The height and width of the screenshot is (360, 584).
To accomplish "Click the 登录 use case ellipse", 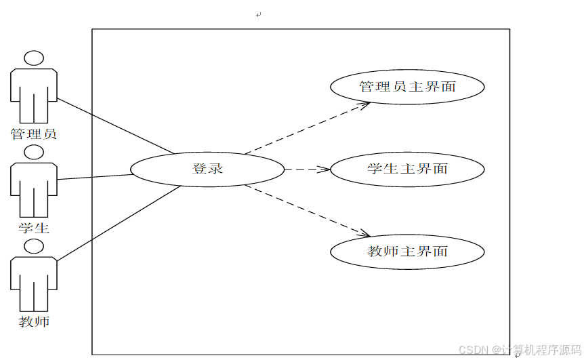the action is (207, 169).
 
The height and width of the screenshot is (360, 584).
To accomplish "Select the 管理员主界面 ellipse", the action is (407, 87).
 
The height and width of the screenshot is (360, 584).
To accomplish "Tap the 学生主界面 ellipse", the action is (407, 169).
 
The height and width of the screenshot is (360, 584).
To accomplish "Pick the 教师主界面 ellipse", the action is (407, 252).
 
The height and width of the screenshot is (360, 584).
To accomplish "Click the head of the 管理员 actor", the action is (34, 58).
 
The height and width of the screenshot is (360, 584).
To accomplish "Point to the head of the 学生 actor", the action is (34, 153).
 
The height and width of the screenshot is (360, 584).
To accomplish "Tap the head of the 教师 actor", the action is (34, 246).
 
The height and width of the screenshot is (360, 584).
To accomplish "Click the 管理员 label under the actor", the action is (34, 134).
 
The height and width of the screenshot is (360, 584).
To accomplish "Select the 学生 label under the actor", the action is (34, 227).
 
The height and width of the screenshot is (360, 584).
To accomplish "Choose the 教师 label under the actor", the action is (34, 321).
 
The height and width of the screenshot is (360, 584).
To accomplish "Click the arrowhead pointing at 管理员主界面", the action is (366, 104).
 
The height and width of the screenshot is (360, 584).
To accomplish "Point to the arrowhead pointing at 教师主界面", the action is (366, 235).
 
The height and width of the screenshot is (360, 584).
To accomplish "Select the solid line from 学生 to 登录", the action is (95, 177).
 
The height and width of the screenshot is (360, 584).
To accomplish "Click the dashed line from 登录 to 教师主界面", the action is (305, 210).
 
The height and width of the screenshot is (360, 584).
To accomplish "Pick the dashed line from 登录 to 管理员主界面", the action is (305, 128).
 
